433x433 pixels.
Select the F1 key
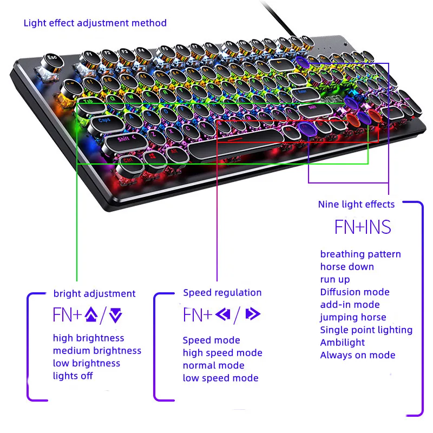coord(91,55)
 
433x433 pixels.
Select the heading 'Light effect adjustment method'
coord(95,23)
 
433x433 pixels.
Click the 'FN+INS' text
coord(363,227)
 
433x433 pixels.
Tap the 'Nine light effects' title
coord(356,204)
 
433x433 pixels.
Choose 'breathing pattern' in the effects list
coord(360,254)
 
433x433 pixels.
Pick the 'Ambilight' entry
coord(342,342)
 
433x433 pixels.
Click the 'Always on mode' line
coord(357,355)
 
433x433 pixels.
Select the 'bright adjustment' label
coord(94,293)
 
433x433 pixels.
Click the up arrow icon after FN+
coord(90,314)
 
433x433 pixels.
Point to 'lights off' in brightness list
coord(73,376)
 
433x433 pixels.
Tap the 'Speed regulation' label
coord(222,293)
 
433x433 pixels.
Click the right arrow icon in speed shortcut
coord(252,314)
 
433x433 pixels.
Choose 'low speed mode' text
coord(220,378)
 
